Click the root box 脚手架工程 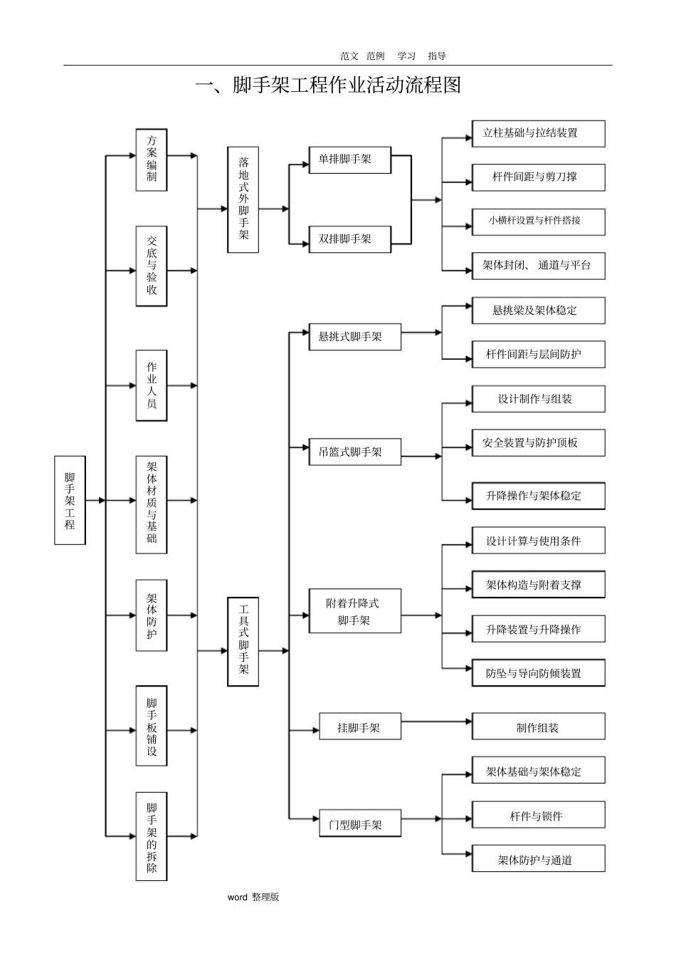[x=70, y=500]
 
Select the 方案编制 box [x=152, y=160]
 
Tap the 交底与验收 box [x=152, y=266]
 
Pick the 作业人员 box [x=152, y=385]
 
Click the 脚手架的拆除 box [x=152, y=836]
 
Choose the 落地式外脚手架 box [x=243, y=199]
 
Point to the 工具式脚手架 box [x=243, y=641]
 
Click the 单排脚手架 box [x=350, y=160]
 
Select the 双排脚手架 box [x=350, y=239]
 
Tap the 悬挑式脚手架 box [x=355, y=337]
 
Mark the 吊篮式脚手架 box [x=355, y=452]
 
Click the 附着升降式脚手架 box [x=355, y=611]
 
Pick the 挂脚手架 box [x=360, y=728]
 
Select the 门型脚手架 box [x=360, y=825]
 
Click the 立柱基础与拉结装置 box [x=538, y=133]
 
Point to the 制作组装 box [x=538, y=727]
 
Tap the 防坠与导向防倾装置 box [x=538, y=673]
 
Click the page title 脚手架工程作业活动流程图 [x=329, y=85]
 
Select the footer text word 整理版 [x=253, y=897]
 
